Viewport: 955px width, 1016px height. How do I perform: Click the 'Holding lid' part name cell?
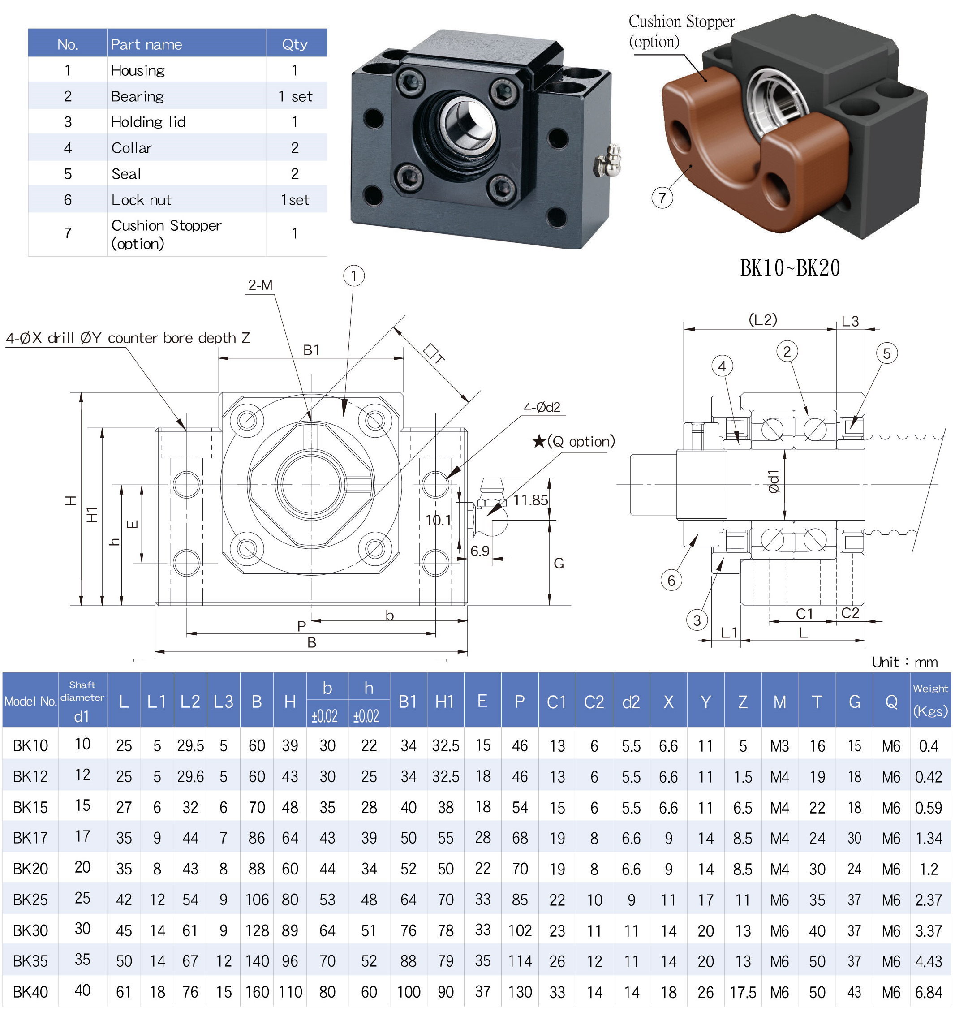pos(148,122)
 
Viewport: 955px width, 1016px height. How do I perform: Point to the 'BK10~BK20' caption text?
pos(789,268)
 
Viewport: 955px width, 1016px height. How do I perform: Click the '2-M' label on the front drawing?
pos(260,285)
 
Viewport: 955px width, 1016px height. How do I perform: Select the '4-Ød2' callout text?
pos(542,407)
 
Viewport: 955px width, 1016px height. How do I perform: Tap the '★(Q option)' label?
pos(573,441)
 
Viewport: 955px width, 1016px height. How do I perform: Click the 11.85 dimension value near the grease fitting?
pos(530,500)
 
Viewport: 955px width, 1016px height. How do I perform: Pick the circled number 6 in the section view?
pos(671,580)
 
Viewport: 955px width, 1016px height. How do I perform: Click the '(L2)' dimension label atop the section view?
pos(762,320)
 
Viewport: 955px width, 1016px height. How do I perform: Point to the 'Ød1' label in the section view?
pos(774,482)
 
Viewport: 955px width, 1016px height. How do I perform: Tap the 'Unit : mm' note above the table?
pos(904,663)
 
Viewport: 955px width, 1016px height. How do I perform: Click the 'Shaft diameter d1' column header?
pos(82,701)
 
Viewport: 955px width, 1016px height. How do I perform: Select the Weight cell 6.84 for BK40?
pos(929,992)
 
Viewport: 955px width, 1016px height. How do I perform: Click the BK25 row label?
pos(30,900)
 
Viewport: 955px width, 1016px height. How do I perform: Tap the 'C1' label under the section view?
pos(804,614)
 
